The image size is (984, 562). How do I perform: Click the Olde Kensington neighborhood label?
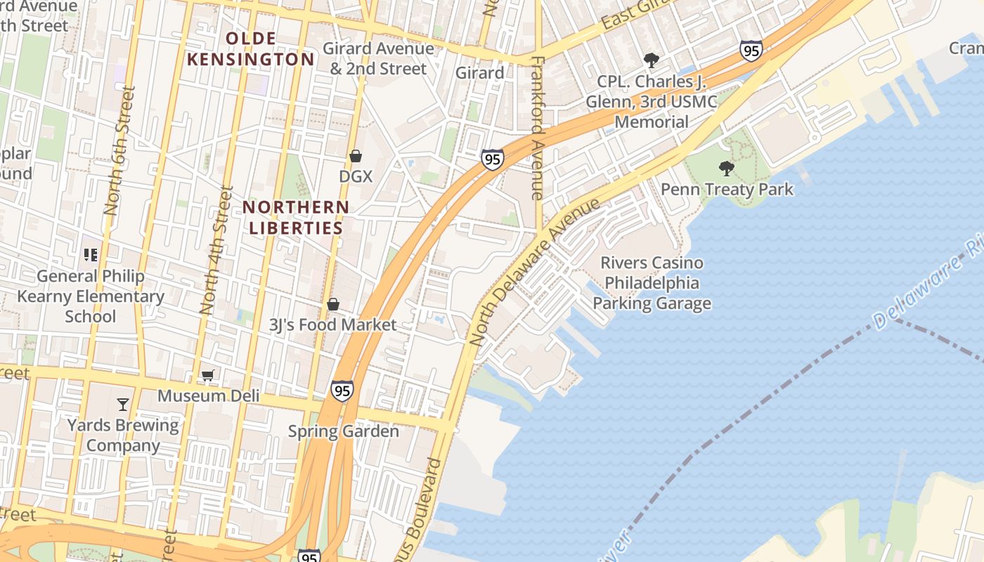point(251,49)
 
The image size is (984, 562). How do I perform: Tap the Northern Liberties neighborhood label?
point(296,218)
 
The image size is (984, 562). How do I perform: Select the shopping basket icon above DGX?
point(356,156)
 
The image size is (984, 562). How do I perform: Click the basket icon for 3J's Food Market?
point(333,304)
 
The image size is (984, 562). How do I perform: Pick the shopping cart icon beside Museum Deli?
point(207,376)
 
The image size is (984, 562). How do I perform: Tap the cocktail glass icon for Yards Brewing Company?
point(123,405)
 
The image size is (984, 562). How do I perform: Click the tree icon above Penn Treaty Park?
point(727,169)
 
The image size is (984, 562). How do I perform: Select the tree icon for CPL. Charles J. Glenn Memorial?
point(652,60)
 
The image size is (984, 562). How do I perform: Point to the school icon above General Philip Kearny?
point(91,255)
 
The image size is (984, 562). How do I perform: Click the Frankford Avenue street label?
point(538,128)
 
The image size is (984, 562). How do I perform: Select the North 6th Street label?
point(118,150)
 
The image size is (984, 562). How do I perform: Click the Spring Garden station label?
point(344,431)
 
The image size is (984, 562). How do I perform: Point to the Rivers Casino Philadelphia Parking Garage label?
point(652,283)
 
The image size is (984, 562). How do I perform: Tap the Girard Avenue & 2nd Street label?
point(378,59)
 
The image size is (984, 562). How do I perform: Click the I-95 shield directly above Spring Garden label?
point(342,391)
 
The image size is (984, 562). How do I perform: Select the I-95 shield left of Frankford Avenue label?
point(493,159)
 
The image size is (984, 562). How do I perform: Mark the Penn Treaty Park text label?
point(727,190)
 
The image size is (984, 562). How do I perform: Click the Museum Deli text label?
point(208,396)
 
